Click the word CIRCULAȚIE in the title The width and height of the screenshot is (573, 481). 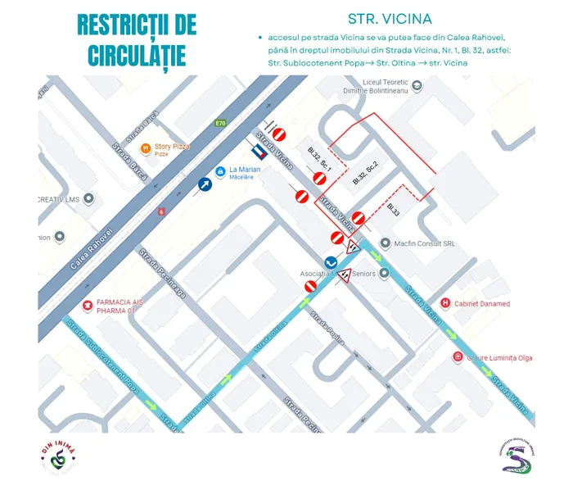[x=132, y=55]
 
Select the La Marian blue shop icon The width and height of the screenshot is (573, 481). [x=219, y=170]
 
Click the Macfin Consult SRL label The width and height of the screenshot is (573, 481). [x=424, y=243]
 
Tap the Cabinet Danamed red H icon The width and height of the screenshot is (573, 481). [x=445, y=303]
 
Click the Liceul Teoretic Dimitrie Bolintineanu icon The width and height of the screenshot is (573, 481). [x=417, y=85]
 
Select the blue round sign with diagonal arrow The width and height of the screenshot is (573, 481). [x=204, y=184]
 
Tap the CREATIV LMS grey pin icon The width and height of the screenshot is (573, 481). [x=89, y=199]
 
